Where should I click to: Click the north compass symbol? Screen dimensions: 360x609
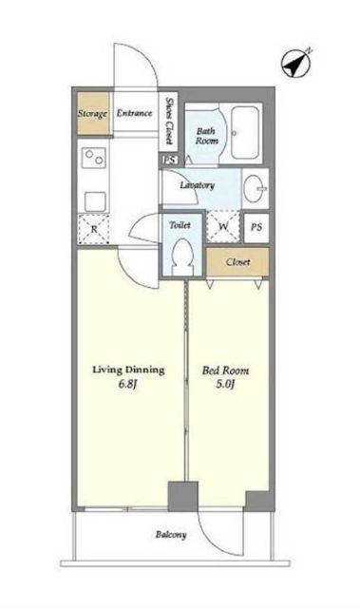296,63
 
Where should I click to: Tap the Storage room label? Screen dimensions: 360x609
92,114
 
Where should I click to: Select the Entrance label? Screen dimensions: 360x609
134,113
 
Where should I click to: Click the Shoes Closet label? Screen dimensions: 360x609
169,121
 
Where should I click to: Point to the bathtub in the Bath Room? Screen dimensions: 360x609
245,132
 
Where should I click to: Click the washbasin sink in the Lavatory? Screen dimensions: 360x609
256,188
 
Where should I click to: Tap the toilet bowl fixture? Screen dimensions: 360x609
182,257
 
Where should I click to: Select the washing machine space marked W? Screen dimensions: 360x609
223,226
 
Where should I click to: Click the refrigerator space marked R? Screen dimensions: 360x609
94,229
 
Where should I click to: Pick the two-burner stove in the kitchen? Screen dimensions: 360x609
94,158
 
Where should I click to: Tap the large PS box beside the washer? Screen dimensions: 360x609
256,228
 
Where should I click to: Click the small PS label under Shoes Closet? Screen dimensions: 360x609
169,160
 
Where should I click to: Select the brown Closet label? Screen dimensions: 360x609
237,262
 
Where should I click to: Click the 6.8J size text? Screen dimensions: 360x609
128,385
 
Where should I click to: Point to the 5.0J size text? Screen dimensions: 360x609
225,385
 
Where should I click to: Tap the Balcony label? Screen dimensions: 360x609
171,535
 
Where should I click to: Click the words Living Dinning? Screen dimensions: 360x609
128,370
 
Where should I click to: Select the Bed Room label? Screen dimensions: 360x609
226,371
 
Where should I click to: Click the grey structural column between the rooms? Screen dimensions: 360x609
183,496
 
